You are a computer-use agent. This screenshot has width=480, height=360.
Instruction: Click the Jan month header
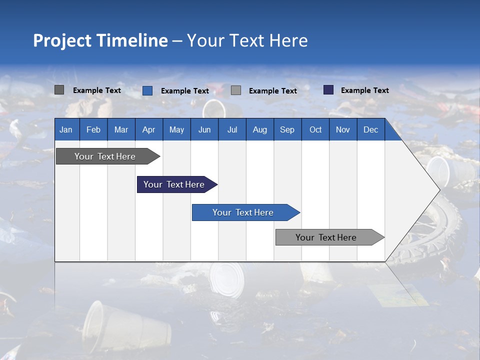click(x=66, y=129)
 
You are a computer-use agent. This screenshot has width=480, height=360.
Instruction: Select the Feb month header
click(x=93, y=129)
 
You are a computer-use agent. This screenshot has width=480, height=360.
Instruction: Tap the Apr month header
click(x=148, y=129)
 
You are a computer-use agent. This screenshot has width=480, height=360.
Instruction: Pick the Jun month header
click(x=204, y=129)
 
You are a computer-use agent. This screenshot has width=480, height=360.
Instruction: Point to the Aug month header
click(x=259, y=129)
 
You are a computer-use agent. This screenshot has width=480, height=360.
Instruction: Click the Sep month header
click(x=287, y=129)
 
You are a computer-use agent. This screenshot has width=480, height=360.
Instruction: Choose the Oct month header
click(x=315, y=129)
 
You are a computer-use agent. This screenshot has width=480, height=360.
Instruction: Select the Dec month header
click(x=370, y=129)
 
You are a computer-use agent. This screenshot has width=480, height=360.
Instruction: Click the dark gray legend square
click(x=59, y=90)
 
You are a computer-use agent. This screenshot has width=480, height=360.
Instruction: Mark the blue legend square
click(x=147, y=90)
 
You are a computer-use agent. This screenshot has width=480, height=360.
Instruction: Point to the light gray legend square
click(x=236, y=90)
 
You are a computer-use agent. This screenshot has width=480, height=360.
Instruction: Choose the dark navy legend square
click(x=328, y=90)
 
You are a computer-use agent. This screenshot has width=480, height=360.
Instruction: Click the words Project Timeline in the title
click(x=100, y=40)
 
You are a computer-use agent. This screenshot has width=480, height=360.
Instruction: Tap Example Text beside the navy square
click(x=364, y=90)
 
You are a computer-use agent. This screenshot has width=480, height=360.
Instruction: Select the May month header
click(x=176, y=129)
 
